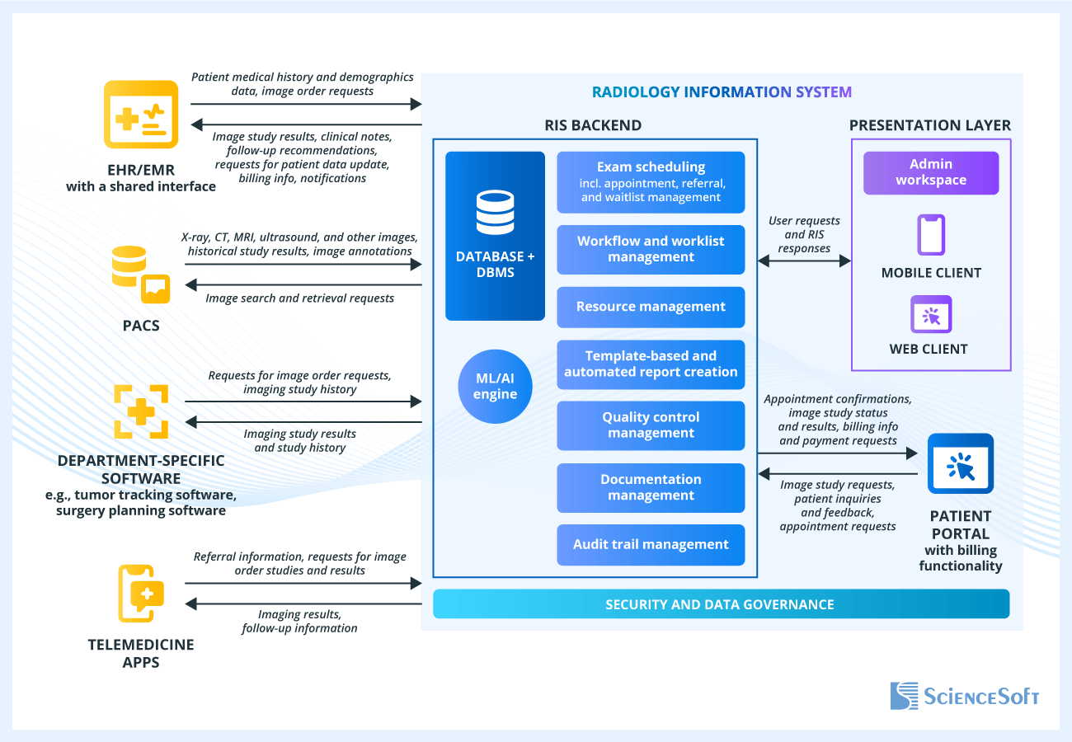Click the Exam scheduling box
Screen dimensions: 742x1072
(x=651, y=182)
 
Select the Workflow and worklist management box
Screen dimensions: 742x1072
(x=651, y=250)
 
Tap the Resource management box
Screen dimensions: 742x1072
(x=651, y=307)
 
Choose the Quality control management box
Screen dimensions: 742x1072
(x=651, y=425)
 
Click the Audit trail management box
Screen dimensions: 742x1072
(x=651, y=545)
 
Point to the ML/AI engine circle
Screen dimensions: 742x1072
(x=495, y=386)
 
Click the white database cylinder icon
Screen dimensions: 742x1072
(x=495, y=213)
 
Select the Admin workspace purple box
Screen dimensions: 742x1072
(x=931, y=172)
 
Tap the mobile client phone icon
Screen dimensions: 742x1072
(x=931, y=235)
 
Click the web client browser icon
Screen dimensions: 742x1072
(x=931, y=314)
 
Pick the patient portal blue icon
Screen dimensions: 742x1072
(x=960, y=463)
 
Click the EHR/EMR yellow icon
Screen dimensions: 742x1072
(x=141, y=114)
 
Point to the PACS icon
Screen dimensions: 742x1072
(x=141, y=277)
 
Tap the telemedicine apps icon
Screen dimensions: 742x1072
(x=141, y=592)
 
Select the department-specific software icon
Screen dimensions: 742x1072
(x=141, y=411)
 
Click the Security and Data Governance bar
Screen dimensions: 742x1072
(x=721, y=604)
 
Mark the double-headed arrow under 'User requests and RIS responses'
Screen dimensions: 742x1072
(x=804, y=261)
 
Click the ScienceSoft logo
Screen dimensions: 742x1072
(x=964, y=696)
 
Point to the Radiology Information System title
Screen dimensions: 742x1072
(x=722, y=92)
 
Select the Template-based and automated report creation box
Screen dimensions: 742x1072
(x=651, y=364)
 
